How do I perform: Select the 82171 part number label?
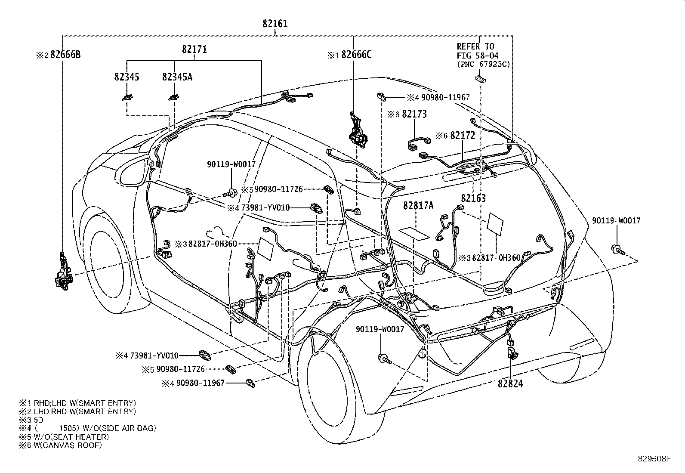(x=194, y=49)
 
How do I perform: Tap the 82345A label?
(x=177, y=77)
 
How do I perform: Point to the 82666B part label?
(x=65, y=55)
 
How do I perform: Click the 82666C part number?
(x=356, y=55)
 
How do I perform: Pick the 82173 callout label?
(x=414, y=114)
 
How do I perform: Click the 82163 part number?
(x=473, y=198)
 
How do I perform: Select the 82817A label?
(x=418, y=206)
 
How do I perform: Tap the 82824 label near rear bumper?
(x=510, y=383)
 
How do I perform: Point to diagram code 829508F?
(x=654, y=459)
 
